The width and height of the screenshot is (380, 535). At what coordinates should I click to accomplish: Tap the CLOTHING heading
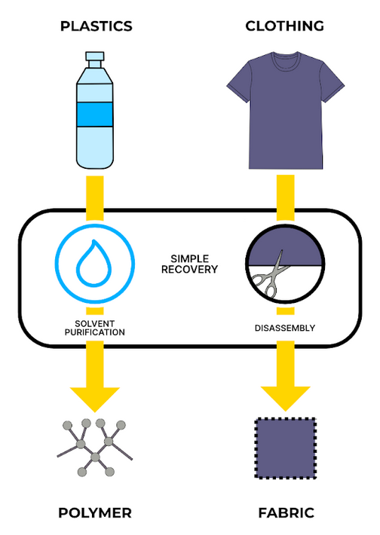tap(284, 26)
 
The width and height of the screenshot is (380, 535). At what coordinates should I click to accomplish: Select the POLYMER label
tap(95, 513)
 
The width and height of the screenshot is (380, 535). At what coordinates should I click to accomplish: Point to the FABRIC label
tap(286, 513)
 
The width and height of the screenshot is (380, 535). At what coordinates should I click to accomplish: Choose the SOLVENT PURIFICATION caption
tap(94, 327)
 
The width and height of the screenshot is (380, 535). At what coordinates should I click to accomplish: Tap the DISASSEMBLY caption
tap(285, 328)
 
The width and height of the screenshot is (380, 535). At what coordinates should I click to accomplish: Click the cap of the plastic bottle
tap(95, 58)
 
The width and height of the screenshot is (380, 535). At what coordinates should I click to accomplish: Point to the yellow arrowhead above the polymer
tap(95, 397)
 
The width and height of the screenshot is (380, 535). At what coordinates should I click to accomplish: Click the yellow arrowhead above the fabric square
tap(285, 397)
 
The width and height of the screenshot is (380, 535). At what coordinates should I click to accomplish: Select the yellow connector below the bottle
tap(95, 194)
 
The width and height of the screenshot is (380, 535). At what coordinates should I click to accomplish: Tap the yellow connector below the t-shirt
tap(285, 194)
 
